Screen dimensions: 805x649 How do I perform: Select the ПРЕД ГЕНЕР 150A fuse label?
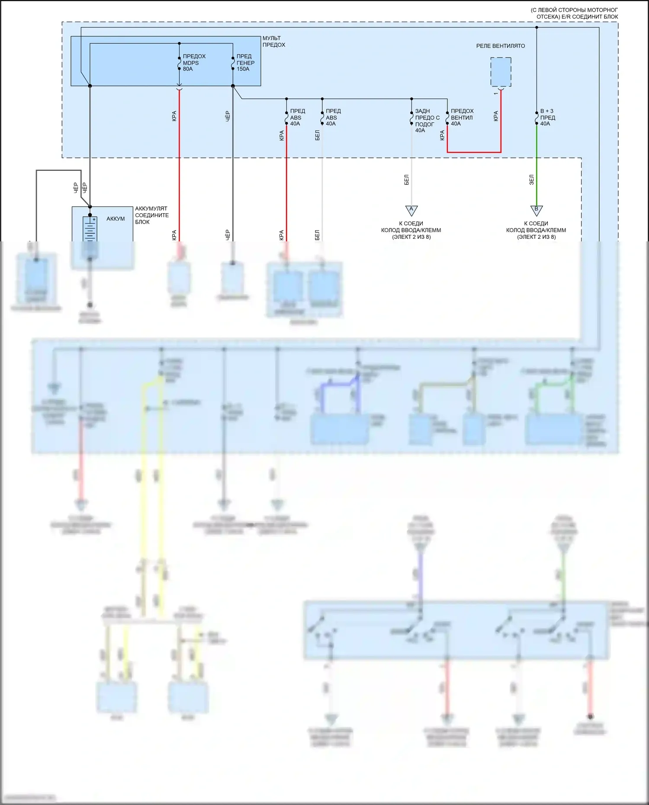point(245,63)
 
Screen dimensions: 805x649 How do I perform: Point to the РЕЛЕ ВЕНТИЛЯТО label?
point(500,46)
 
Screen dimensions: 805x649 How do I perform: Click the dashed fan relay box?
point(501,72)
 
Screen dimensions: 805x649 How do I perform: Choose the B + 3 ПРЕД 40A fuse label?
point(547,117)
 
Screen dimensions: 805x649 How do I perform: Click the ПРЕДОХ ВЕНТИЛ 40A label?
point(462,117)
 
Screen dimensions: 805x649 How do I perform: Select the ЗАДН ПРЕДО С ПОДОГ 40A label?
point(427,121)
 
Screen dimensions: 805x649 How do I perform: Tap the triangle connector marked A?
point(411,210)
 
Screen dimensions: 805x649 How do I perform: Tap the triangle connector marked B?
point(537,210)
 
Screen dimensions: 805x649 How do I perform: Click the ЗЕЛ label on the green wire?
point(532,180)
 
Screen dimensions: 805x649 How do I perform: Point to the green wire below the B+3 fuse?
point(537,164)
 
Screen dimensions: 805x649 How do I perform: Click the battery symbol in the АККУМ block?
point(90,229)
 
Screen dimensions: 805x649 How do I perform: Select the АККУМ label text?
point(116,219)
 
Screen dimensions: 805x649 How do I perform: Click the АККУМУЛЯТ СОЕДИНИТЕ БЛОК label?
point(152,215)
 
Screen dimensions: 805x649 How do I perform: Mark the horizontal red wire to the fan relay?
point(474,152)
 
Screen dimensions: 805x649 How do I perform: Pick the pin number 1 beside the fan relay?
point(496,93)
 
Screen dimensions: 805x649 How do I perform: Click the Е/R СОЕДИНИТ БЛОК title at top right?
point(574,13)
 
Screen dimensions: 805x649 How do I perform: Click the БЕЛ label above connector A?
point(407,180)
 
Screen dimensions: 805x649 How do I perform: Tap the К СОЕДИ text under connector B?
point(536,224)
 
